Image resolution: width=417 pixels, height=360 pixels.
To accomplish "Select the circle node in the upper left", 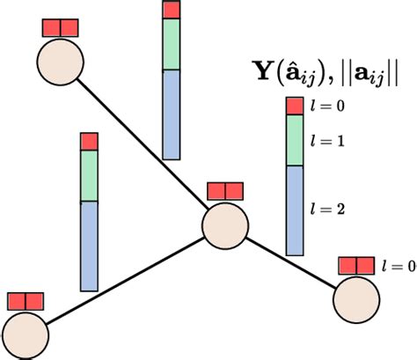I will click(61, 62).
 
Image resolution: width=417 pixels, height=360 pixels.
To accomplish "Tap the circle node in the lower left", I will click(25, 335).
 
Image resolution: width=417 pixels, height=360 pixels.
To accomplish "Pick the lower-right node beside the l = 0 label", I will click(355, 299).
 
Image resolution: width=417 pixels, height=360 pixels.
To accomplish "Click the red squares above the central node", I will click(224, 191).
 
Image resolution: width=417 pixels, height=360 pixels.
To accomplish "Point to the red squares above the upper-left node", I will click(61, 26).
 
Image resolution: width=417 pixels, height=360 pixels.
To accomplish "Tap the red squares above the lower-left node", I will click(25, 301).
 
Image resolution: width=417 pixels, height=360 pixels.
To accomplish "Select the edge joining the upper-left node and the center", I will click(141, 143).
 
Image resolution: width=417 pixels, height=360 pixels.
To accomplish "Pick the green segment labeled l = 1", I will click(295, 140).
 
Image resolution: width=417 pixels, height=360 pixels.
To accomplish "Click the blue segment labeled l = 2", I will click(295, 210).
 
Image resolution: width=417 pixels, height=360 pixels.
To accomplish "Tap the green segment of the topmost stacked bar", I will click(172, 44).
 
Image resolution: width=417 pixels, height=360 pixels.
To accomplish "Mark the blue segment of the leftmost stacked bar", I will click(89, 246).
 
